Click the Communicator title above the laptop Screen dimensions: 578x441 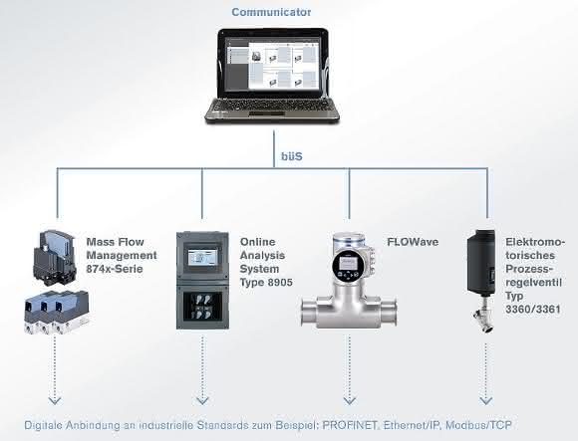tap(271, 12)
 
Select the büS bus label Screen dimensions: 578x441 tap(292, 156)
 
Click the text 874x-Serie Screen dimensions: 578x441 tap(115, 269)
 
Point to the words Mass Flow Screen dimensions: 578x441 tap(115, 242)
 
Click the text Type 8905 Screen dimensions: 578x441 tap(266, 283)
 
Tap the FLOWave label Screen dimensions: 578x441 tap(413, 242)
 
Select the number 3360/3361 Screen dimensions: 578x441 tap(533, 310)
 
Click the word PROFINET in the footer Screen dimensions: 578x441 tap(350, 425)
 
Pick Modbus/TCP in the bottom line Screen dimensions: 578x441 tap(478, 425)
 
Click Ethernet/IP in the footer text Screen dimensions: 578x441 tap(412, 425)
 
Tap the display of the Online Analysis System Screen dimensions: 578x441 tap(202, 256)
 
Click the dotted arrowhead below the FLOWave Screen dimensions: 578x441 tap(349, 400)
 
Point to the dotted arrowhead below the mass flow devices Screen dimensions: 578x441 tap(55, 400)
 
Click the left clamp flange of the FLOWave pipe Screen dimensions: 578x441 tap(308, 313)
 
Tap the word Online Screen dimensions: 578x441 tap(258, 242)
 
